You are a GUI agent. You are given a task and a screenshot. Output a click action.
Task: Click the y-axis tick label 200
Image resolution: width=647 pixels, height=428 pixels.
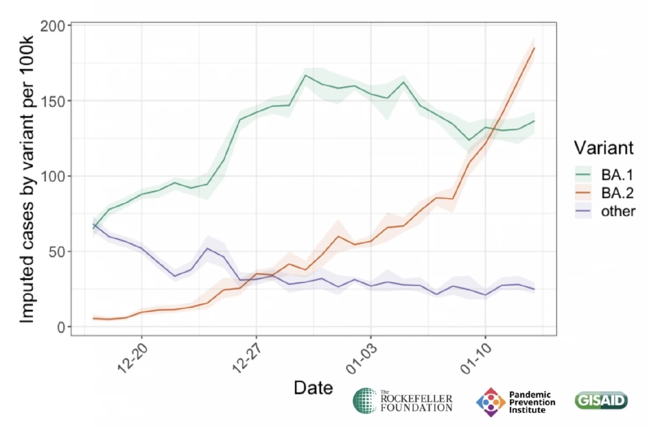tap(53, 26)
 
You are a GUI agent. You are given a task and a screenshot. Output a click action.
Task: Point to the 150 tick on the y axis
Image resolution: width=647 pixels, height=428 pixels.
tap(53, 101)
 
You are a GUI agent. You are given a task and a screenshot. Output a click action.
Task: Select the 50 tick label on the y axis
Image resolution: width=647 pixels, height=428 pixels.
tap(56, 252)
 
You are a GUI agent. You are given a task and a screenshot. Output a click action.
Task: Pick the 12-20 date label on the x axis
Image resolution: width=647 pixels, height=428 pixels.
tap(133, 358)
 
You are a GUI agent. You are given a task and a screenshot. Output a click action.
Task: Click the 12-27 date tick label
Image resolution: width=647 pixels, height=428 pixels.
tap(247, 358)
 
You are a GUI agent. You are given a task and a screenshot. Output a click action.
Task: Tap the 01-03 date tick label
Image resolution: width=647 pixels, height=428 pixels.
tap(361, 359)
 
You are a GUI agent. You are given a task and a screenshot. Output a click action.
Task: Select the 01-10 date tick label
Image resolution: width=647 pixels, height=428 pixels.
tap(476, 359)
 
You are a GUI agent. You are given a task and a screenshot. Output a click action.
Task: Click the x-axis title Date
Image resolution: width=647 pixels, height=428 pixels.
tap(313, 388)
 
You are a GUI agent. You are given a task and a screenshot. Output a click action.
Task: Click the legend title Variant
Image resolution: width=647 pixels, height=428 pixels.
tap(604, 148)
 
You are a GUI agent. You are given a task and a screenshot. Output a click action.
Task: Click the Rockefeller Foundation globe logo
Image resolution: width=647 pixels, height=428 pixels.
tap(365, 400)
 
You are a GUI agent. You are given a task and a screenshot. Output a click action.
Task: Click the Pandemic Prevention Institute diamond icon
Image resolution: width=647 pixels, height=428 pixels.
tap(490, 402)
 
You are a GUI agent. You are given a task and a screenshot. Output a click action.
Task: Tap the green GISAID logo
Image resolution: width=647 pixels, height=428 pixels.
tap(601, 400)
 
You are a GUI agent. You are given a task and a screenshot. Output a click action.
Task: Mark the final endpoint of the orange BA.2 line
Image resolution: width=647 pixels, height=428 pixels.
tap(534, 48)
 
